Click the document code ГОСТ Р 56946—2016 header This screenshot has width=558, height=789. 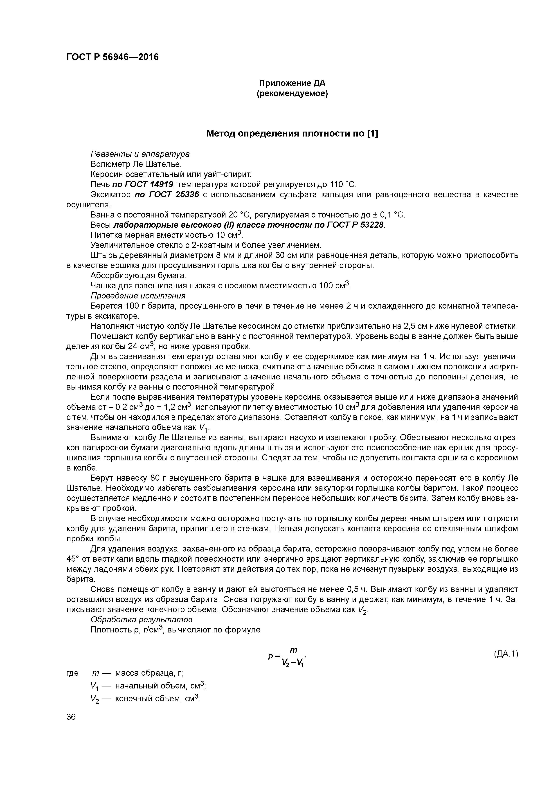pos(112,57)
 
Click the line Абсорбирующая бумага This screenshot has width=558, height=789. pos(138,276)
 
